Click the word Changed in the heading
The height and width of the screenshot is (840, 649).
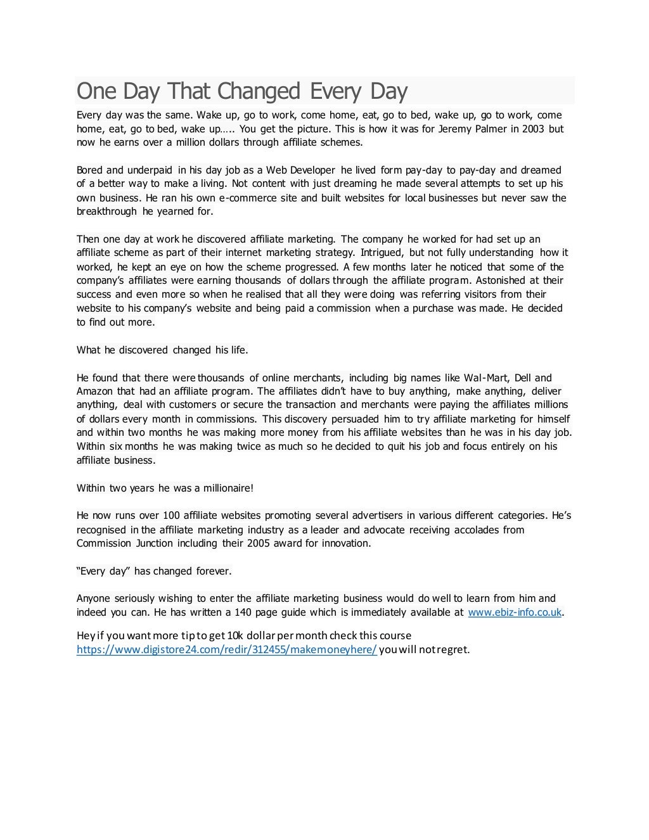[x=258, y=91]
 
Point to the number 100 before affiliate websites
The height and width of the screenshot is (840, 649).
[x=172, y=516]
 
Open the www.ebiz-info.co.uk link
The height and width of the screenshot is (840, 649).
[x=514, y=613]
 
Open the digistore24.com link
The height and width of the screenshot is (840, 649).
[x=227, y=650]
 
